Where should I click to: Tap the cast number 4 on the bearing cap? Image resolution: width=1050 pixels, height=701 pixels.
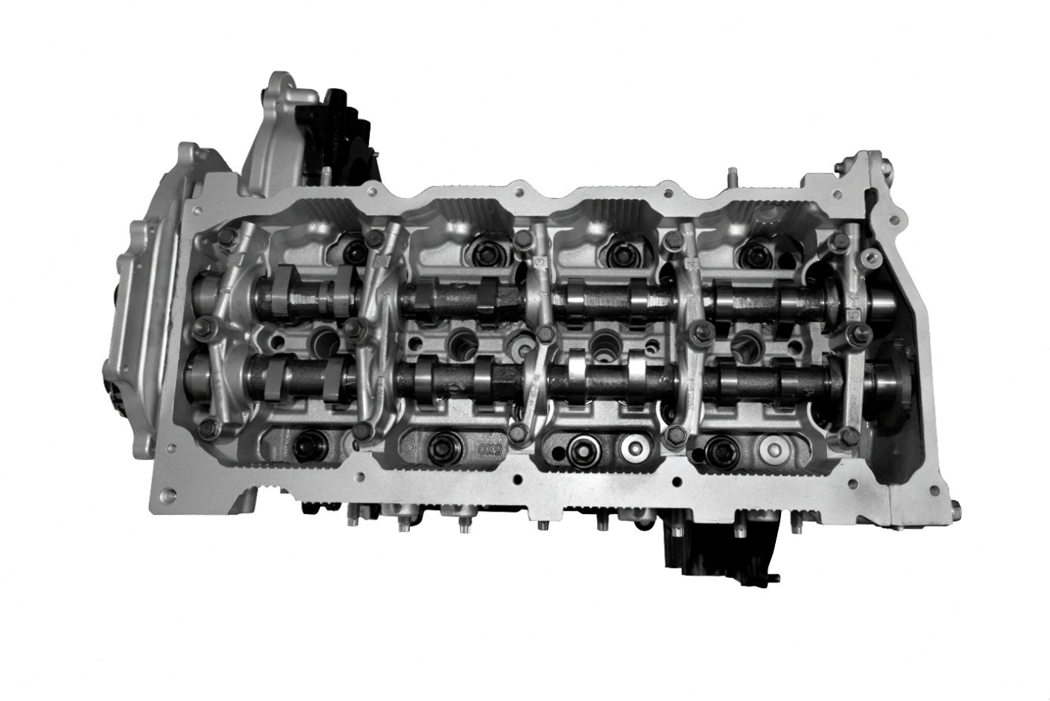(x=691, y=263)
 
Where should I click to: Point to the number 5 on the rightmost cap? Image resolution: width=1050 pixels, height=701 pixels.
(x=854, y=314)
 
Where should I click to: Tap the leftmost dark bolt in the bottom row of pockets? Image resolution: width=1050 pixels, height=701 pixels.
(x=306, y=445)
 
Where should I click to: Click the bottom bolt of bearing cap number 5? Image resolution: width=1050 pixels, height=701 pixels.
(x=850, y=432)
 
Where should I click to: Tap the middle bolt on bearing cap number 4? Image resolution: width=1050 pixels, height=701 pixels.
(x=697, y=331)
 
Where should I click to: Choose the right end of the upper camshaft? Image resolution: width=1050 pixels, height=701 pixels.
(x=885, y=300)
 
